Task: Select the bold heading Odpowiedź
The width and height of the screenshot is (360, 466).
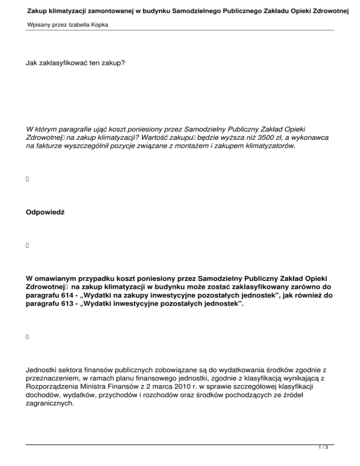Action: pos(45,212)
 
